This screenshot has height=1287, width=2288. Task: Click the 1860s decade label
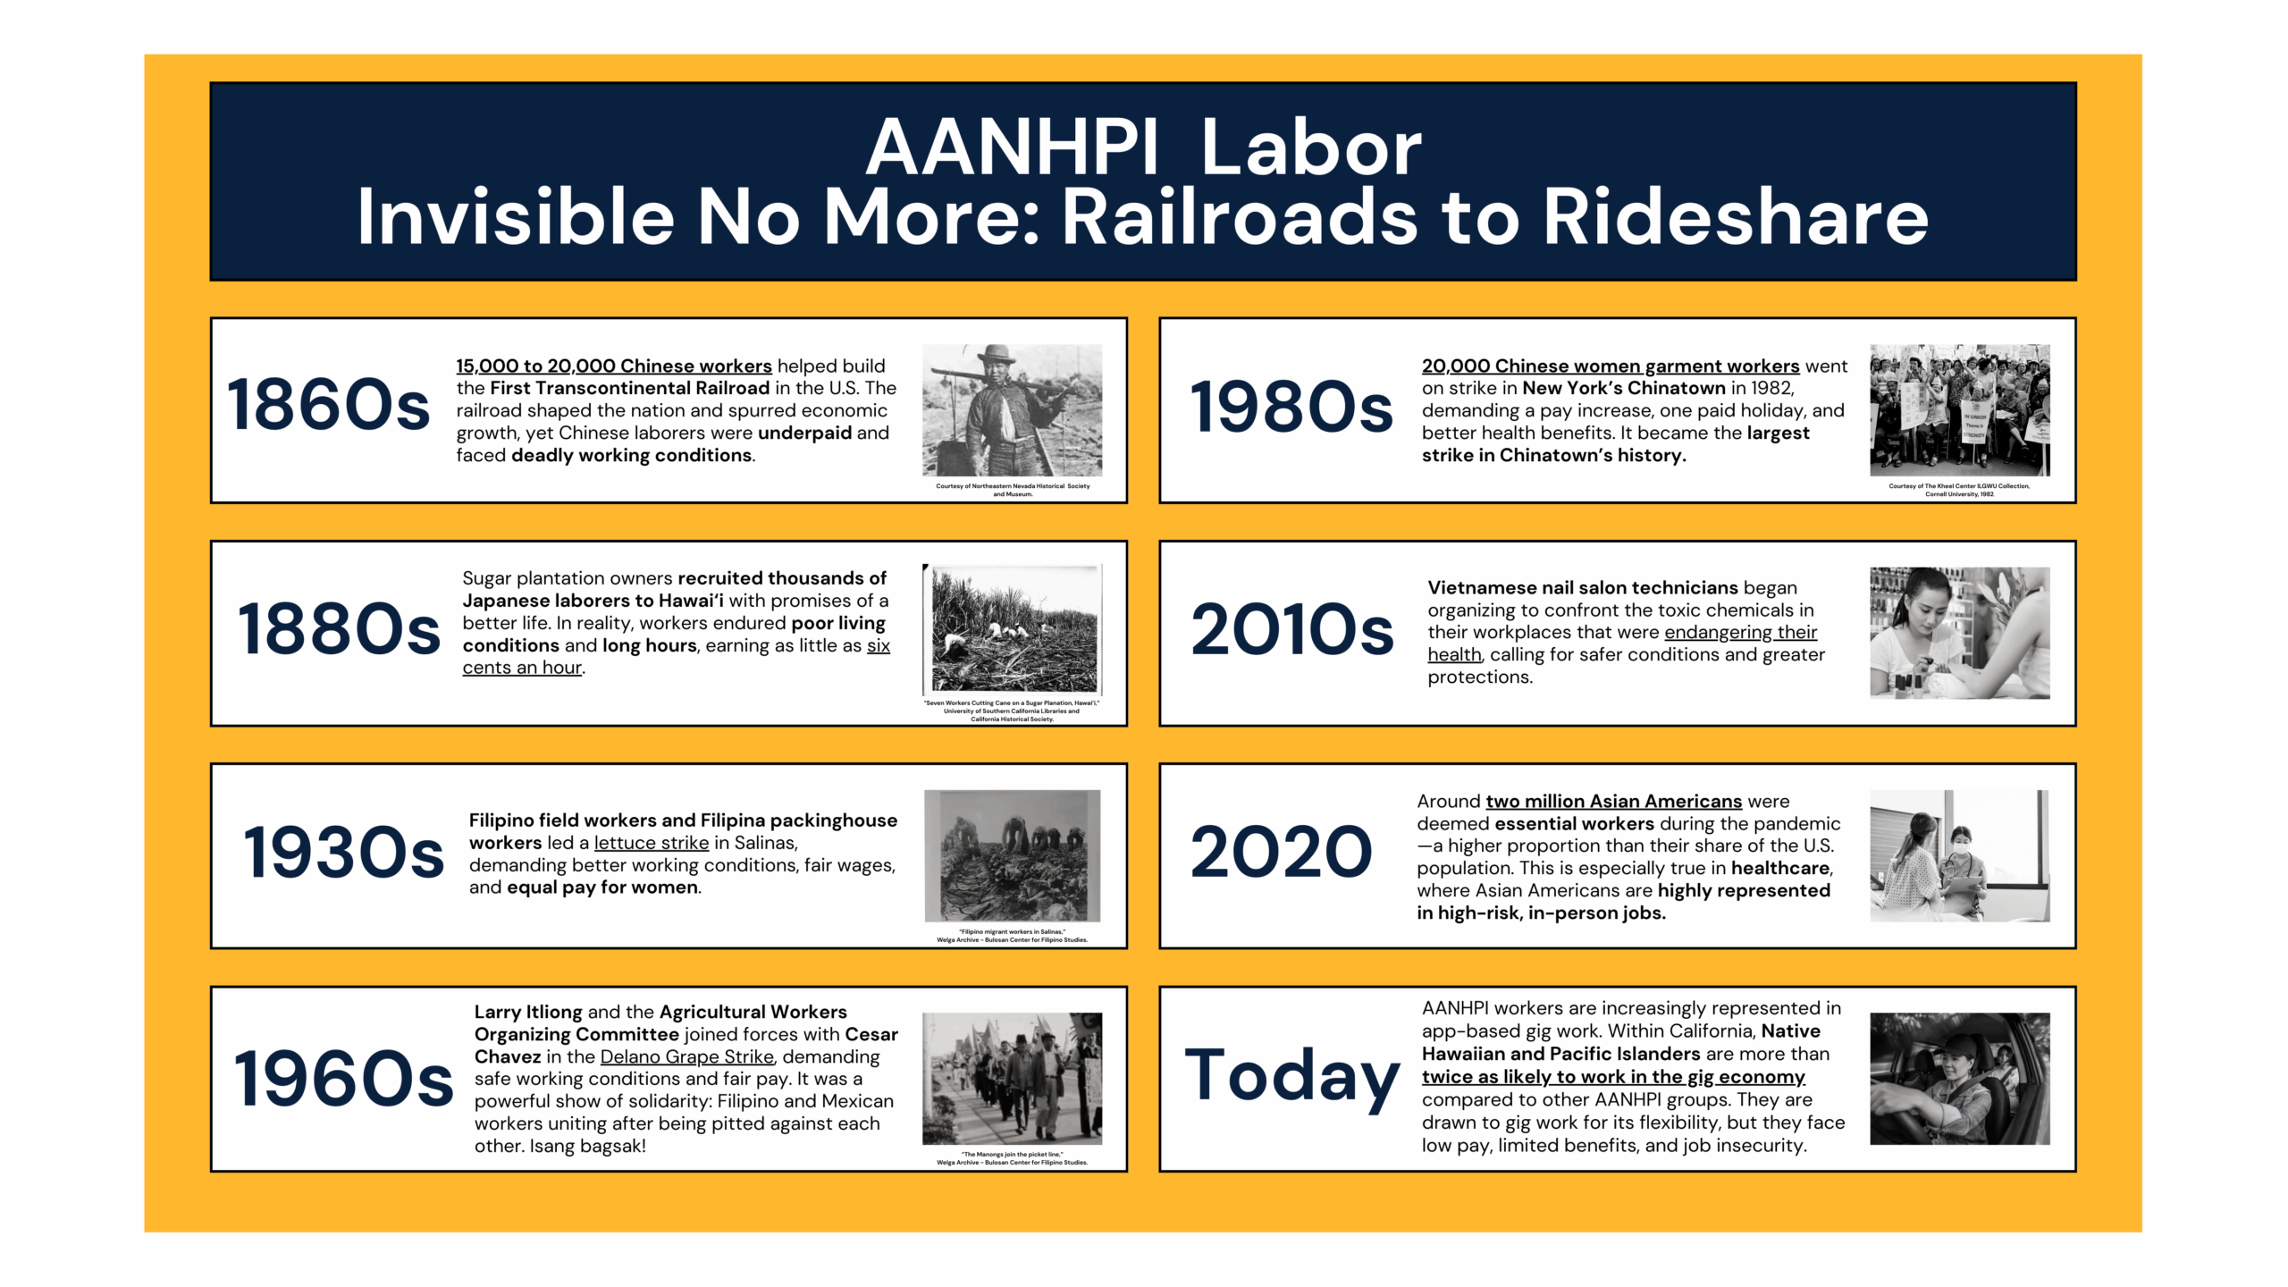(x=328, y=405)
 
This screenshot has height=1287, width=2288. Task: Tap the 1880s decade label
(x=339, y=629)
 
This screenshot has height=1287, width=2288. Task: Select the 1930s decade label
(x=343, y=853)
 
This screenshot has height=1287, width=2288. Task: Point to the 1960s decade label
(x=343, y=1079)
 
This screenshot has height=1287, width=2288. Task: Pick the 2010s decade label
(x=1291, y=630)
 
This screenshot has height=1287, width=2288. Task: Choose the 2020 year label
(x=1281, y=852)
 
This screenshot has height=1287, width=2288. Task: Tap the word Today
(x=1292, y=1079)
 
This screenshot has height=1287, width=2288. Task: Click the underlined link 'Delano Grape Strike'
(x=687, y=1056)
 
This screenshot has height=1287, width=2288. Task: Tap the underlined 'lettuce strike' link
(x=652, y=843)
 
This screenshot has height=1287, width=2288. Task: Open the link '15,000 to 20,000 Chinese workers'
(x=614, y=366)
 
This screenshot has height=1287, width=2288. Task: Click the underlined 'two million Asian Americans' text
(x=1614, y=802)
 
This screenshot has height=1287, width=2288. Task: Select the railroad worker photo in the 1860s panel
(x=1013, y=410)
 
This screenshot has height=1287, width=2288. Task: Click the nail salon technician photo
(x=1960, y=633)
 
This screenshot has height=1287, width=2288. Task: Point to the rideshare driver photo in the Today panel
(x=1960, y=1079)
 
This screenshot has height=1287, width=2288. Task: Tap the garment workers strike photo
(x=1960, y=410)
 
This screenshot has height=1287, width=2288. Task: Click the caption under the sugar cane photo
(x=1012, y=711)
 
